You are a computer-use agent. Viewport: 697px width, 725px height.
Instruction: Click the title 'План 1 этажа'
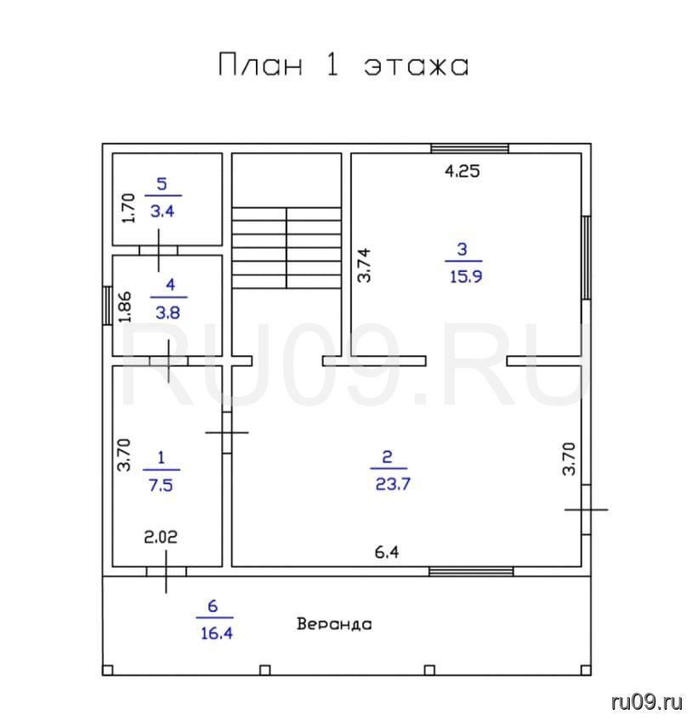(x=343, y=65)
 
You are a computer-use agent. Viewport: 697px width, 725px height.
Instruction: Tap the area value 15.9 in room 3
(x=466, y=276)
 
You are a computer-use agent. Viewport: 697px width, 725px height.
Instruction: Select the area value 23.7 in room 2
(x=393, y=484)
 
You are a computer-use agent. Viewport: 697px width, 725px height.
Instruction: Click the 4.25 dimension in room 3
(x=462, y=171)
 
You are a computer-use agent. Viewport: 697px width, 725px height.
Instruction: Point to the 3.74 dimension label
(x=364, y=265)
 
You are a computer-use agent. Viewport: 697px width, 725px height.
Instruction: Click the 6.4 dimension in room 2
(x=387, y=552)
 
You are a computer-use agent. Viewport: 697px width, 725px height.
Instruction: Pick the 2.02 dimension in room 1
(x=161, y=537)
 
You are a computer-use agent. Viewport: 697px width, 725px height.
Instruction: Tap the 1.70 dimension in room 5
(x=128, y=208)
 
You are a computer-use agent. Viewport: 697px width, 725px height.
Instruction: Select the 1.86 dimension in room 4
(x=125, y=307)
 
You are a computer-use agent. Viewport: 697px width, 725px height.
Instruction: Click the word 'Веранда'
(x=334, y=624)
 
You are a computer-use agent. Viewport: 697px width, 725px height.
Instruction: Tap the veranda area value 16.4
(x=217, y=633)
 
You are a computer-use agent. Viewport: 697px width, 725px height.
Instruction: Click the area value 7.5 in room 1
(x=161, y=485)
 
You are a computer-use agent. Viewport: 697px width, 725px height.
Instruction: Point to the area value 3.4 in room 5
(x=162, y=212)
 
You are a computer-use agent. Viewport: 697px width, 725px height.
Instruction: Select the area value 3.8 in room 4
(x=167, y=313)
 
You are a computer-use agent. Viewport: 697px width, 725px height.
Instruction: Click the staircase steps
(x=286, y=248)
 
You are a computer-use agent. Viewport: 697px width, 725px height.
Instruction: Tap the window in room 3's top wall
(x=470, y=149)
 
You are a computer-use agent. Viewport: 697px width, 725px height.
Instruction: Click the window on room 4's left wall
(x=107, y=306)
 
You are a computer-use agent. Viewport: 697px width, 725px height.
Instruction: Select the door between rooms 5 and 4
(x=159, y=250)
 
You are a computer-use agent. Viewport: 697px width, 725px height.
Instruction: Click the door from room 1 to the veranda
(x=167, y=571)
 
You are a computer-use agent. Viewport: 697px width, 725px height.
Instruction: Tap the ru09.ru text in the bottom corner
(x=647, y=702)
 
